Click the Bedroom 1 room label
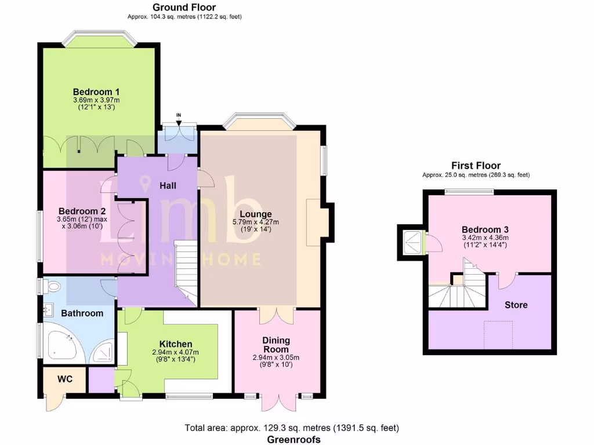(x=96, y=92)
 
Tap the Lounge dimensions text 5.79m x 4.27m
(x=256, y=222)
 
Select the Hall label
(x=168, y=185)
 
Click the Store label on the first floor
(x=516, y=305)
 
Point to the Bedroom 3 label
(x=485, y=229)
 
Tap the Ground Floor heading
(x=184, y=8)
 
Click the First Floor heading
(x=476, y=166)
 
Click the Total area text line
(x=292, y=428)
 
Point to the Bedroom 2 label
(x=82, y=211)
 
